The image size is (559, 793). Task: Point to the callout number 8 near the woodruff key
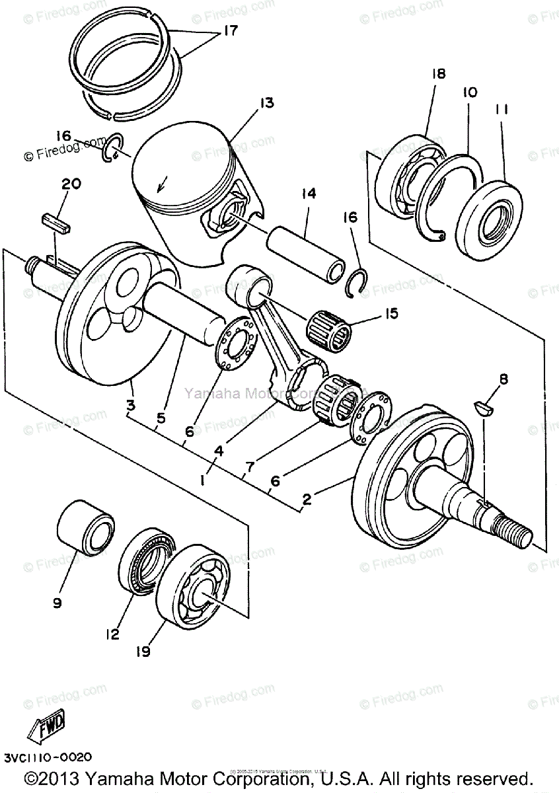point(503,379)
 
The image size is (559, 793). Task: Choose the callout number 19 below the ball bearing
point(143,652)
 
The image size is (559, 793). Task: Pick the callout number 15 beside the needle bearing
point(392,313)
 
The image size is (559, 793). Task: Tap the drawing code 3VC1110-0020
point(47,757)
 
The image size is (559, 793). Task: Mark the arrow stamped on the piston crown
point(162,183)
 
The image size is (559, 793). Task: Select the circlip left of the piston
point(112,147)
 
